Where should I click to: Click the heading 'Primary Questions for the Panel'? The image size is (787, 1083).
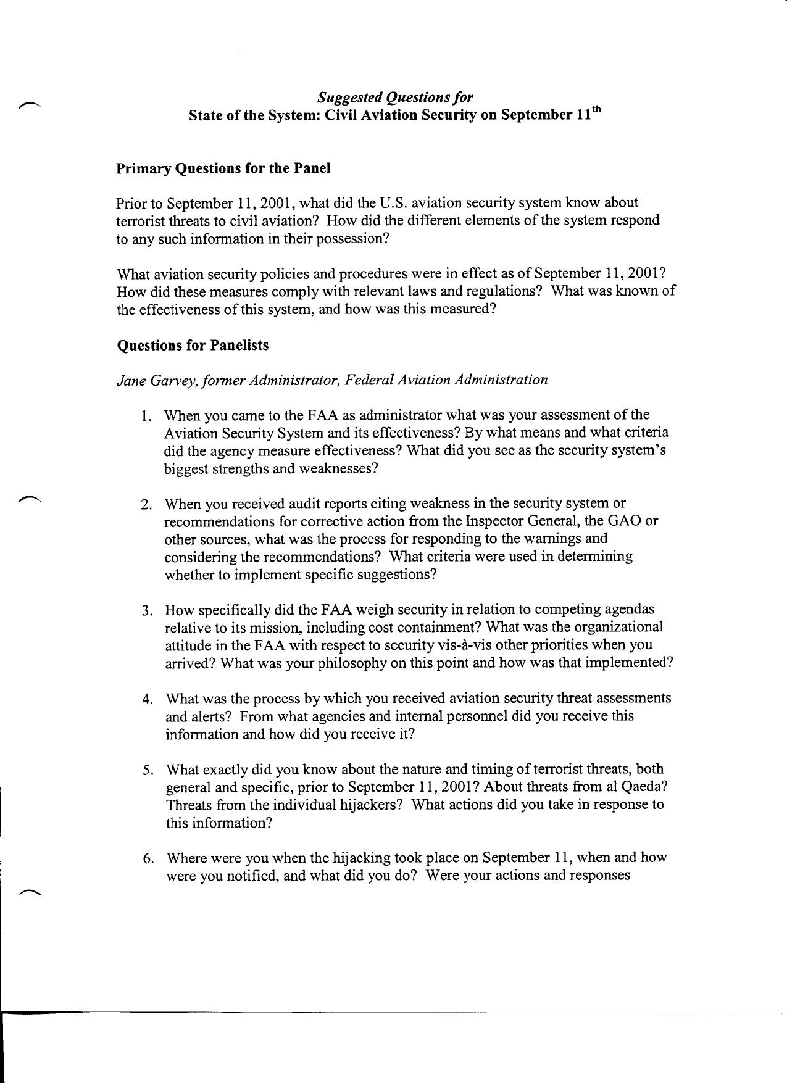(223, 168)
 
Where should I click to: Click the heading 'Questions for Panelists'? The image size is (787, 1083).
(193, 345)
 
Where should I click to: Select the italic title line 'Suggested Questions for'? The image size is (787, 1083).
(395, 98)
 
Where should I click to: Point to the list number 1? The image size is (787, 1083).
(145, 416)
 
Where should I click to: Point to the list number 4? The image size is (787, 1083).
(147, 699)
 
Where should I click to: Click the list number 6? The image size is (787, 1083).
(148, 858)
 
